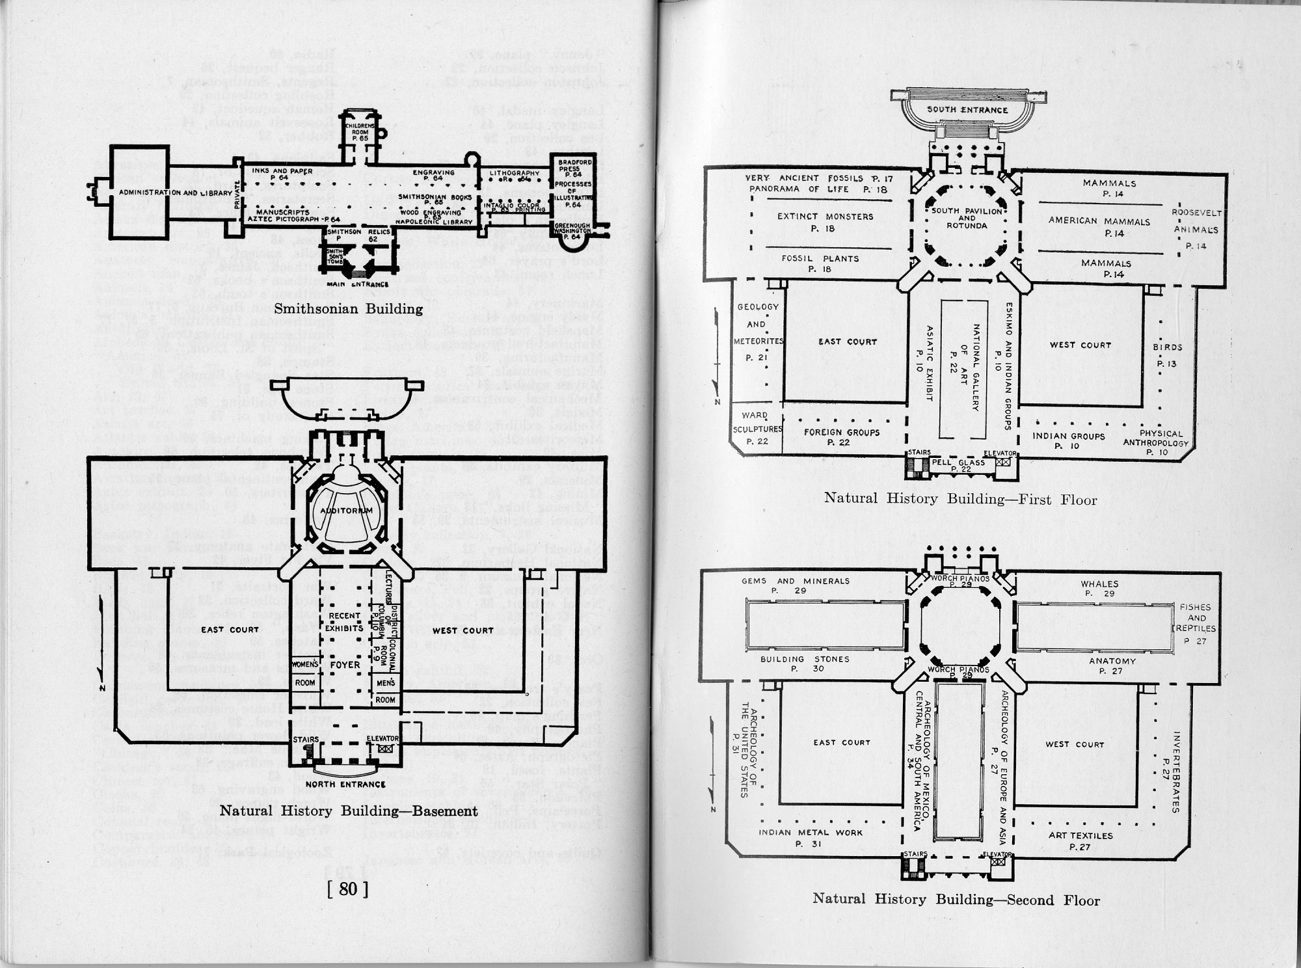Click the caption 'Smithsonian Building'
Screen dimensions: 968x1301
(348, 309)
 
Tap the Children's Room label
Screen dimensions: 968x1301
(360, 132)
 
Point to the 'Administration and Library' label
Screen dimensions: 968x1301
(175, 193)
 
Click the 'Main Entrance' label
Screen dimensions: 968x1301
(357, 284)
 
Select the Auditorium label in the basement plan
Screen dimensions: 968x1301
(346, 511)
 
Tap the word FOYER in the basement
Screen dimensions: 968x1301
(345, 665)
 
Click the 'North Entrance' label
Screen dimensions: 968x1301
(345, 784)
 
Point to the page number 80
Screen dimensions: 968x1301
(348, 889)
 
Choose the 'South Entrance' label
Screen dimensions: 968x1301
(967, 110)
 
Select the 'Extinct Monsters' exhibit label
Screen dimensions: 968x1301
(825, 222)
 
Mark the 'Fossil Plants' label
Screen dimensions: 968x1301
(820, 263)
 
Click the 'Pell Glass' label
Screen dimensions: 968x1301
(958, 464)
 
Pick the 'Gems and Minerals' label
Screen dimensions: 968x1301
(796, 585)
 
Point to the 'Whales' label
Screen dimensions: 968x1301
(1099, 588)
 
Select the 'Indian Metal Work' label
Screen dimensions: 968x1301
(810, 837)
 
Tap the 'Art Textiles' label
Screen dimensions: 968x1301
(1080, 840)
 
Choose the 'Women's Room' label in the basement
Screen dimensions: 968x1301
(304, 673)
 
